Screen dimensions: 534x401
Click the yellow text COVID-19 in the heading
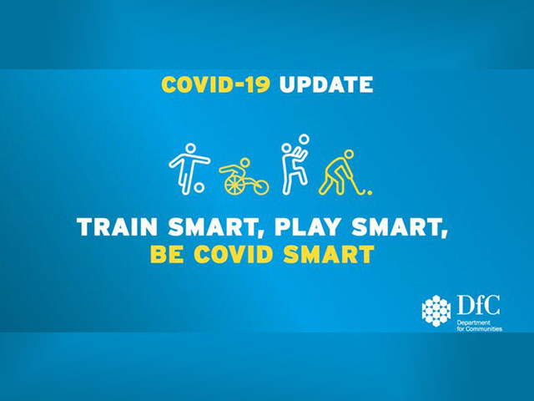click(x=216, y=84)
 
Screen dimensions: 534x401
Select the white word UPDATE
click(x=326, y=84)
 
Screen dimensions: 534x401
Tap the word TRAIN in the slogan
click(x=118, y=226)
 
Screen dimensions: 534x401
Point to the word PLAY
click(x=308, y=226)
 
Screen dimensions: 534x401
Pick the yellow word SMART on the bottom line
click(x=329, y=254)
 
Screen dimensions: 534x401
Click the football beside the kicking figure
click(x=199, y=187)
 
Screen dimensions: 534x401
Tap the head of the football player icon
click(x=190, y=149)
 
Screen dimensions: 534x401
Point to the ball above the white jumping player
click(x=304, y=140)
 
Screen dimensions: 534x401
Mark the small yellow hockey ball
click(x=370, y=193)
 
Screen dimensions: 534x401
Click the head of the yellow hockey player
click(x=349, y=155)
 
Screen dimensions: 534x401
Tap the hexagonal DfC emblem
click(x=436, y=311)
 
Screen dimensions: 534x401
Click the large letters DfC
click(x=478, y=305)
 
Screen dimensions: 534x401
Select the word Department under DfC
click(x=469, y=322)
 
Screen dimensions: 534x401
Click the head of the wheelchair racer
click(x=245, y=163)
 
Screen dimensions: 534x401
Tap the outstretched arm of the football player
click(x=200, y=160)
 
